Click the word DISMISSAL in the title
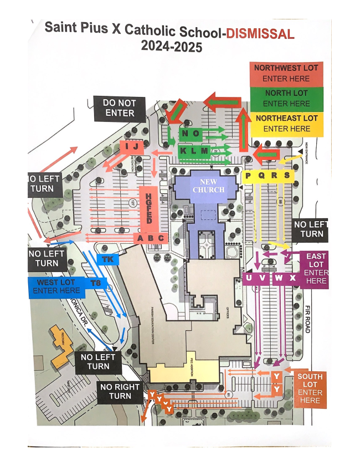259,34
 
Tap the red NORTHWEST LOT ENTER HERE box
286,73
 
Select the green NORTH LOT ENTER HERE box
286,98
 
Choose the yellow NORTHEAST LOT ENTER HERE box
286,123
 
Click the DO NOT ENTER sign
119,108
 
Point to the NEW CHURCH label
209,186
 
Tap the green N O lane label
191,134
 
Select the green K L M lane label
193,151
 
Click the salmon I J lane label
131,146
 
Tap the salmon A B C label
151,238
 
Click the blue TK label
107,259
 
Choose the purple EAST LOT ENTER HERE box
315,268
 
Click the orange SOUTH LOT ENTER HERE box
310,388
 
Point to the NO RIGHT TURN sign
120,391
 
